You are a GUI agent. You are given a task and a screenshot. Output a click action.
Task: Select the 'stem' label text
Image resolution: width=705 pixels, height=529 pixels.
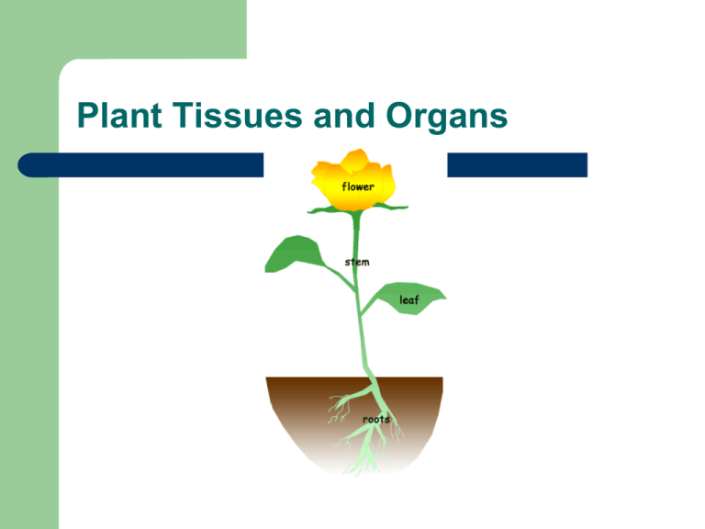point(357,262)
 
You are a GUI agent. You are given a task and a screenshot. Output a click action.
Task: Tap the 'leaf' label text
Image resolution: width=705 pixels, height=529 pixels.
point(409,299)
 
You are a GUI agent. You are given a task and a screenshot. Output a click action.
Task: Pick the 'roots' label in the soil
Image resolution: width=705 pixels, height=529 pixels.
point(375,419)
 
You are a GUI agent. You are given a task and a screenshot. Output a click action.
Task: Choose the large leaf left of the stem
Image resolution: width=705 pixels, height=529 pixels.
point(293,254)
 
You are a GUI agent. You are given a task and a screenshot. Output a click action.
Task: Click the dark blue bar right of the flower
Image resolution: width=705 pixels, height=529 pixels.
point(514,164)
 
